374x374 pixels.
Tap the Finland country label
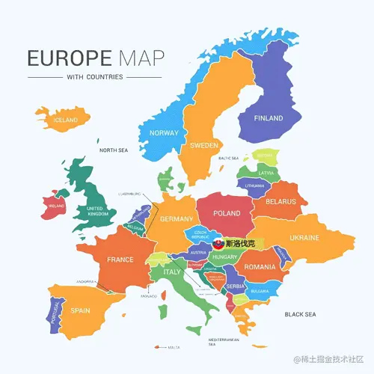pyautogui.click(x=269, y=118)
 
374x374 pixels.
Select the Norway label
pyautogui.click(x=164, y=132)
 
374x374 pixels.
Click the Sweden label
pyautogui.click(x=203, y=144)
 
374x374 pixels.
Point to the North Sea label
pyautogui.click(x=114, y=150)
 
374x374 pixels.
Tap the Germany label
pyautogui.click(x=177, y=219)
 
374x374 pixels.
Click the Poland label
pyautogui.click(x=227, y=213)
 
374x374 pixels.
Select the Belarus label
pyautogui.click(x=280, y=201)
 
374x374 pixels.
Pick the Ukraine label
pyautogui.click(x=304, y=238)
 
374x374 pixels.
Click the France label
pyautogui.click(x=120, y=260)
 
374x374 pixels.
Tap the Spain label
pyautogui.click(x=80, y=310)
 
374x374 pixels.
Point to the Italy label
pyautogui.click(x=172, y=273)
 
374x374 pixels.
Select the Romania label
pyautogui.click(x=260, y=266)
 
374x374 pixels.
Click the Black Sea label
pyautogui.click(x=301, y=314)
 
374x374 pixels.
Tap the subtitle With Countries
pyautogui.click(x=94, y=76)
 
